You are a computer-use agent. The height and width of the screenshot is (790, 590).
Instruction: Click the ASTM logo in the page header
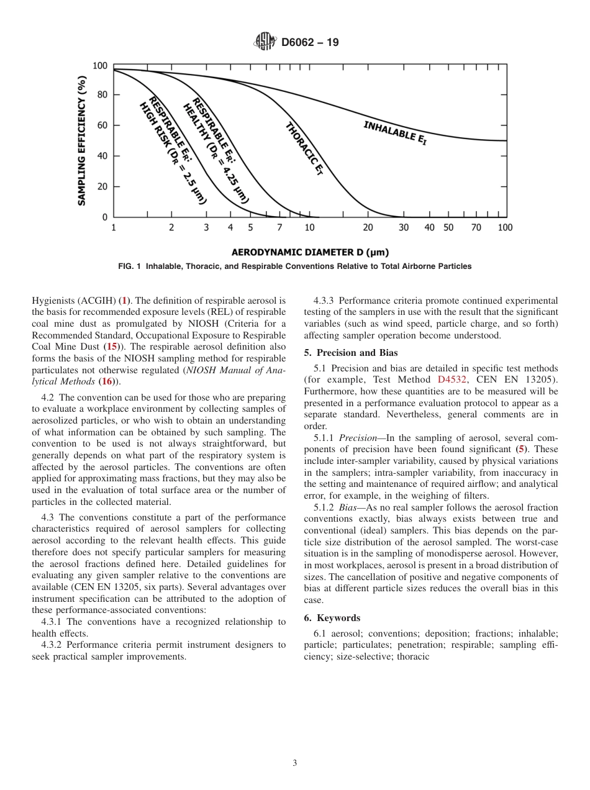pyautogui.click(x=265, y=42)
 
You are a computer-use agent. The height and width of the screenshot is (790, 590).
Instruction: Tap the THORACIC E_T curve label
pyautogui.click(x=304, y=148)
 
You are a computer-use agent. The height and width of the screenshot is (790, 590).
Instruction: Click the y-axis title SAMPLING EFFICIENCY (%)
pyautogui.click(x=81, y=141)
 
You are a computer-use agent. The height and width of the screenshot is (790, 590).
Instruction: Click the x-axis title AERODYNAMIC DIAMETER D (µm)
pyautogui.click(x=310, y=252)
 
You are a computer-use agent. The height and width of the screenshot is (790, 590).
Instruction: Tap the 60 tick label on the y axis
pyautogui.click(x=101, y=125)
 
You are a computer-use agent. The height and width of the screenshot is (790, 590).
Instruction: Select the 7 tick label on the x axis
pyautogui.click(x=279, y=228)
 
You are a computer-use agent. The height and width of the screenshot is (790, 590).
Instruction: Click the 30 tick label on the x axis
pyautogui.click(x=404, y=228)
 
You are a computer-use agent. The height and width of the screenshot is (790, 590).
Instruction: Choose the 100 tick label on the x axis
pyautogui.click(x=505, y=228)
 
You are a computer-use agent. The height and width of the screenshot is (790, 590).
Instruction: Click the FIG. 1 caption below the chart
pyautogui.click(x=295, y=266)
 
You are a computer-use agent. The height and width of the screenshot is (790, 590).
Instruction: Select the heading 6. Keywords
pyautogui.click(x=332, y=618)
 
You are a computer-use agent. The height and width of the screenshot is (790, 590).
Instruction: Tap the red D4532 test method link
pyautogui.click(x=452, y=379)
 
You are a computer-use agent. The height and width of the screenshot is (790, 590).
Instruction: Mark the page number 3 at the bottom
pyautogui.click(x=295, y=763)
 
